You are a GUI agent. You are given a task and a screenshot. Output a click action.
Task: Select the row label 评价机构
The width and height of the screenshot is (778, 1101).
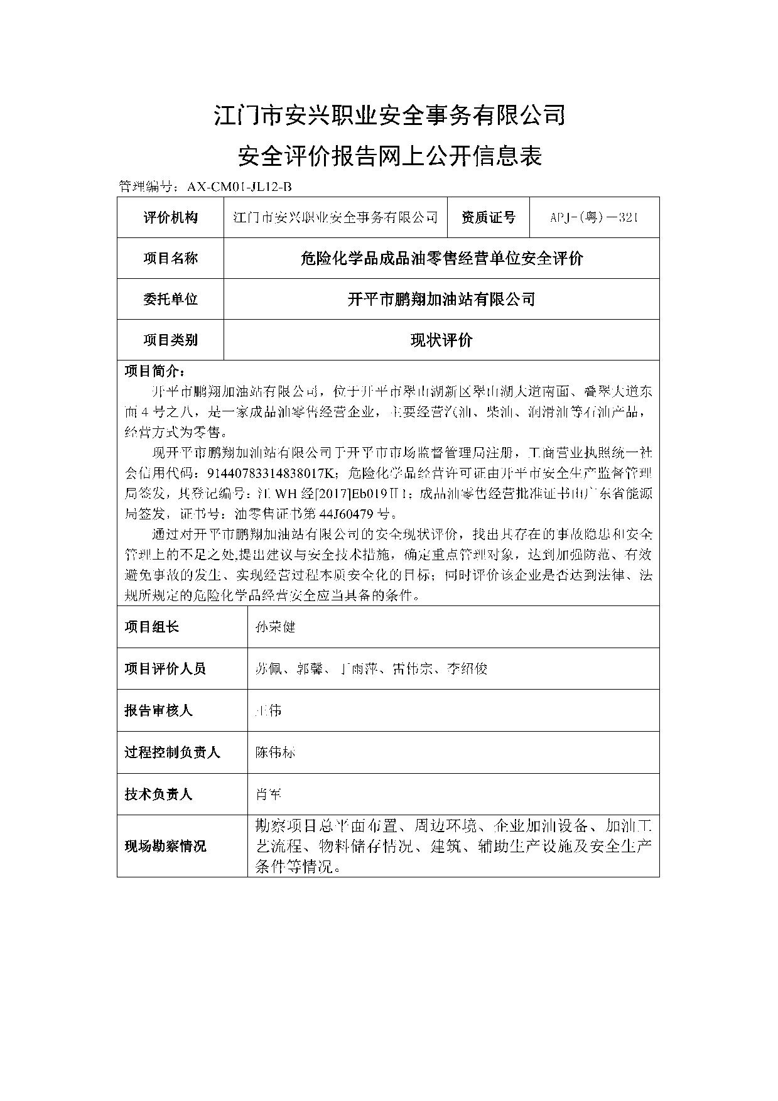pos(170,217)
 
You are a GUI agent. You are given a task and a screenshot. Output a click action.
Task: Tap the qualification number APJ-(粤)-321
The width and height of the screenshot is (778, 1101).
pos(594,217)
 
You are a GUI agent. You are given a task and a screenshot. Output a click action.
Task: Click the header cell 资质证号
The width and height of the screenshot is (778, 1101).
pos(488,217)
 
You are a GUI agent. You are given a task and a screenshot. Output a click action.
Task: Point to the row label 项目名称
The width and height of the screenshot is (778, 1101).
pos(170,258)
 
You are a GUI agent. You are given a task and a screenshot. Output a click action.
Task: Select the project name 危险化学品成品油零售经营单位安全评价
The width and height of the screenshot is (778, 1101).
pos(441,258)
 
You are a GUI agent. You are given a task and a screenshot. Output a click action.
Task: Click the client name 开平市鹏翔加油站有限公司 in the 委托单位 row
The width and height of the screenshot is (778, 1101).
pos(441,299)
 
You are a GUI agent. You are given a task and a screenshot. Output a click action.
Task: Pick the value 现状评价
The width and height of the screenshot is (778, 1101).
pos(441,340)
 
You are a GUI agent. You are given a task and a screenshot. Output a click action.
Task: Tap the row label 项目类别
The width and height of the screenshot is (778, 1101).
pos(170,340)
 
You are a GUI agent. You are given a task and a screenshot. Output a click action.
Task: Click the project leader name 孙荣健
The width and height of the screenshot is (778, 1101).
pos(275,627)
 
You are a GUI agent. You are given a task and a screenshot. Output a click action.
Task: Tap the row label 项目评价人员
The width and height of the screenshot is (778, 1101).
pos(165,669)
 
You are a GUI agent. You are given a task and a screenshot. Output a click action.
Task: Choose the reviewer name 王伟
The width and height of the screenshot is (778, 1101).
pos(268,710)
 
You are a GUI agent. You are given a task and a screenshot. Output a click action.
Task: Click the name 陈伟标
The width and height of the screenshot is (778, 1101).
pos(275,752)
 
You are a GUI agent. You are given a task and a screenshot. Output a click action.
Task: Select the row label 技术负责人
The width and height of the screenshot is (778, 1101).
pos(158,795)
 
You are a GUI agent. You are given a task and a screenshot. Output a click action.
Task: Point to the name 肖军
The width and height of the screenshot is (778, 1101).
pos(268,795)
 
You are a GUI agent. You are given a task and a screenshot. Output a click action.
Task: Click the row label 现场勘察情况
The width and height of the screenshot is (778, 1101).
pos(165,846)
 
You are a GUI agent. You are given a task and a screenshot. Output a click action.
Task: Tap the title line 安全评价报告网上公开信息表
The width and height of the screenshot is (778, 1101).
pos(389,156)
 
